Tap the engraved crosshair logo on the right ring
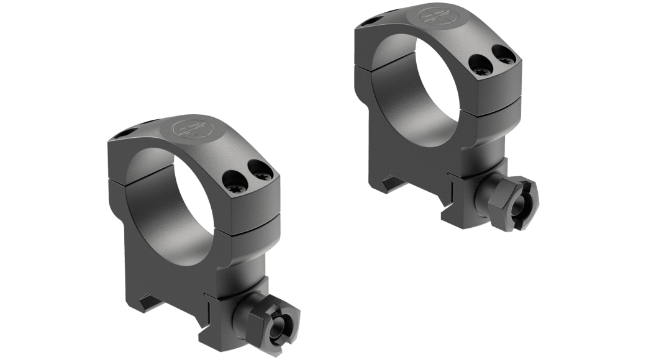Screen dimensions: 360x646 437,17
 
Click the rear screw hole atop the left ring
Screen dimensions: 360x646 127,133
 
